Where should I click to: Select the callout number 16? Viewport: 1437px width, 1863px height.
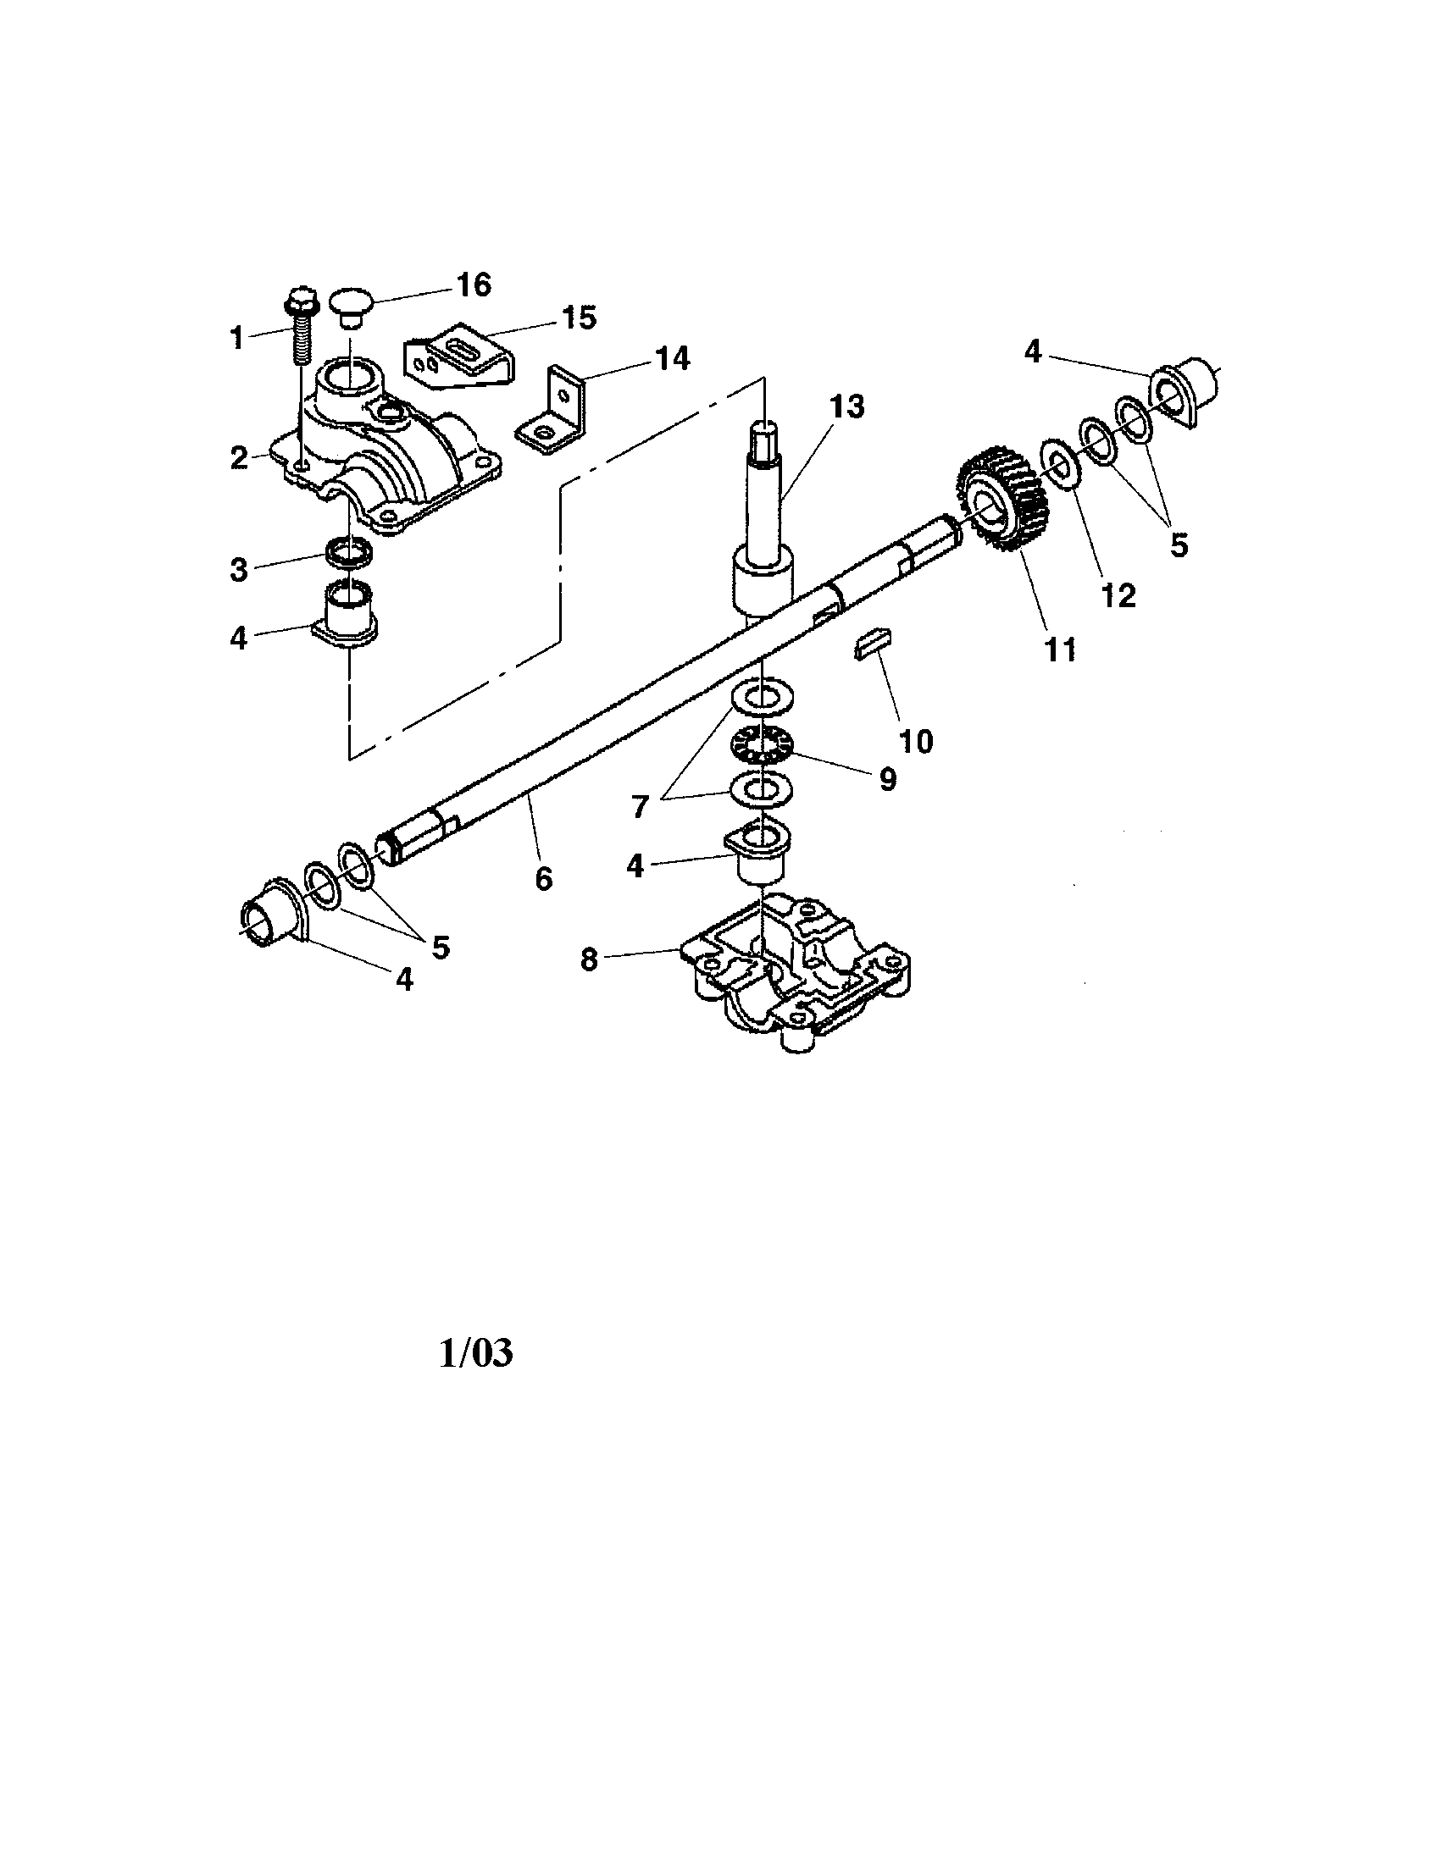[474, 285]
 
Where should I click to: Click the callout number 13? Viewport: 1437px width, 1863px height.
[846, 406]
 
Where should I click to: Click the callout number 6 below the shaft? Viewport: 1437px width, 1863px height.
[544, 879]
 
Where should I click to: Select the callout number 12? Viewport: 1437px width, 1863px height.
[1118, 595]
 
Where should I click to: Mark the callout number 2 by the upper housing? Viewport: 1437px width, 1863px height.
[239, 458]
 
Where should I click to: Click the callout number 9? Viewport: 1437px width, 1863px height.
[888, 778]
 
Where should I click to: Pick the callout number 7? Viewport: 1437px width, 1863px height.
[641, 806]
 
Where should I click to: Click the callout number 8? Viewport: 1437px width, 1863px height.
[589, 960]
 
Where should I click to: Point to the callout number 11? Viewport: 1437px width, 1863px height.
[1061, 650]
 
